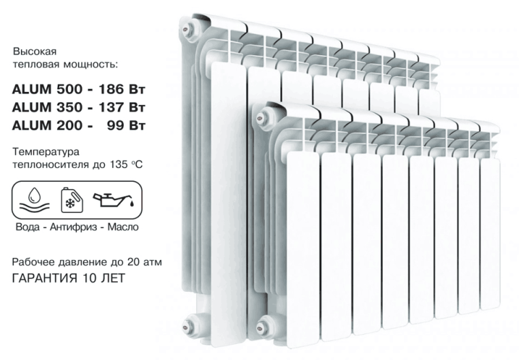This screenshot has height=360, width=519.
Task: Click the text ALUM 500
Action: pyautogui.click(x=47, y=89)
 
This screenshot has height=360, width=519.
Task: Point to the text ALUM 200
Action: pyautogui.click(x=47, y=126)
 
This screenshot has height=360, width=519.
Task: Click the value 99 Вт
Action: pyautogui.click(x=126, y=126)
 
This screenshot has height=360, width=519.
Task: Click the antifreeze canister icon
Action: pyautogui.click(x=72, y=199)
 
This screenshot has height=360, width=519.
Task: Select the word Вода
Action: pyautogui.click(x=28, y=227)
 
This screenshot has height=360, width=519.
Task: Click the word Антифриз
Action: pyautogui.click(x=74, y=227)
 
